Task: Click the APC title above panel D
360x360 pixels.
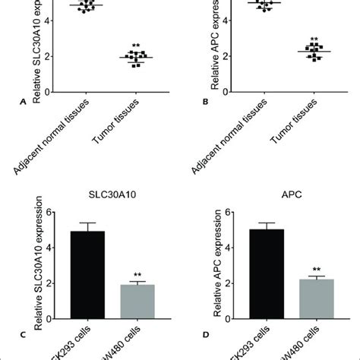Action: point(290,195)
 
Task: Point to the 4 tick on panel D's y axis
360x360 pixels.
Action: point(232,248)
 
